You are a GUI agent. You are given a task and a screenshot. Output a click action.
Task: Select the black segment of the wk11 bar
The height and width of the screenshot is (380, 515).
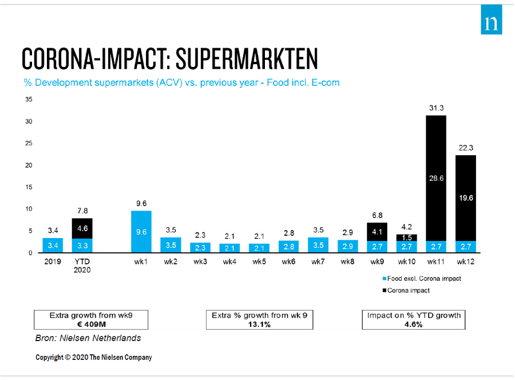pyautogui.click(x=436, y=178)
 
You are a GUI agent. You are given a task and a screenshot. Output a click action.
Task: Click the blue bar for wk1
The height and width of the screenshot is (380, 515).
pyautogui.click(x=141, y=232)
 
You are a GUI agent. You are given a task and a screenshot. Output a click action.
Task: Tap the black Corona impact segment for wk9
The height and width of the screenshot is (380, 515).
pyautogui.click(x=377, y=232)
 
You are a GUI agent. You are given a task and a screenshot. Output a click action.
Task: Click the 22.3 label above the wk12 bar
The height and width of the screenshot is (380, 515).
pyautogui.click(x=466, y=148)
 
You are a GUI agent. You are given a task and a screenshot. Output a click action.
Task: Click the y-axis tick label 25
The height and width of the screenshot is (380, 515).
pyautogui.click(x=28, y=144)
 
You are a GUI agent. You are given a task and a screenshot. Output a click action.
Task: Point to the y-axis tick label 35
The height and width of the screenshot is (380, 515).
pyautogui.click(x=28, y=100)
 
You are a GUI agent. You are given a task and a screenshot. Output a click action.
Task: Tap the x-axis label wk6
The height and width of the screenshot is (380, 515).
pyautogui.click(x=289, y=262)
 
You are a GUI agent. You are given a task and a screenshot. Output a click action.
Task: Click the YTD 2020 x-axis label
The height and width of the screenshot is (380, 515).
pyautogui.click(x=82, y=266)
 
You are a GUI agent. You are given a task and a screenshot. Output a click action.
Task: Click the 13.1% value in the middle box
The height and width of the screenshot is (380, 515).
pyautogui.click(x=260, y=324)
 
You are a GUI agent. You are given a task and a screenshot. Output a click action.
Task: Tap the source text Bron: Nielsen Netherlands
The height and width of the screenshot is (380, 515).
pyautogui.click(x=88, y=338)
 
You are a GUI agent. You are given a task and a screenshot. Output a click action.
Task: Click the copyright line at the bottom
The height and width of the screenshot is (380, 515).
pyautogui.click(x=94, y=357)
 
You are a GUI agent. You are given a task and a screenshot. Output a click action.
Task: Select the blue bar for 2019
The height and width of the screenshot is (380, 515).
pyautogui.click(x=53, y=246)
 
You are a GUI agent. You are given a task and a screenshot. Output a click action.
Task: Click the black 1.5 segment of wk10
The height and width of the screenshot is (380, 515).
pyautogui.click(x=407, y=237)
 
